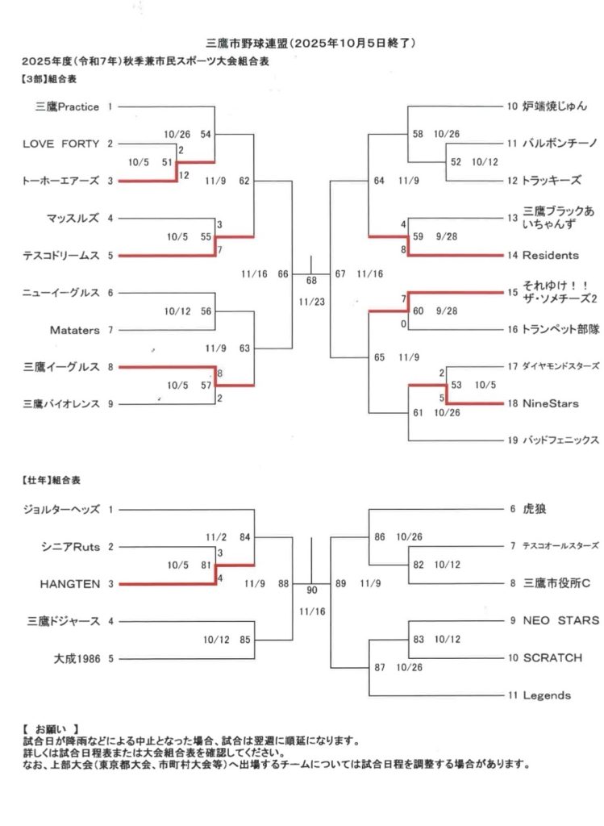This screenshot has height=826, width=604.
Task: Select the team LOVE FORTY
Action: pyautogui.click(x=61, y=144)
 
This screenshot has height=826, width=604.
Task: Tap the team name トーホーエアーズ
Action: pyautogui.click(x=61, y=181)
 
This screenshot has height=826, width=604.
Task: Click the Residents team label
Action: pyautogui.click(x=551, y=256)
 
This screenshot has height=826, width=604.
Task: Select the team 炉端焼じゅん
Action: pyautogui.click(x=554, y=106)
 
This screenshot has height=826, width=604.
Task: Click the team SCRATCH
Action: pyautogui.click(x=552, y=658)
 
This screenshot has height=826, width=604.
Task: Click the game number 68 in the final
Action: pyautogui.click(x=311, y=281)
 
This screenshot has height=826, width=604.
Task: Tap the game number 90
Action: pyautogui.click(x=311, y=590)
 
